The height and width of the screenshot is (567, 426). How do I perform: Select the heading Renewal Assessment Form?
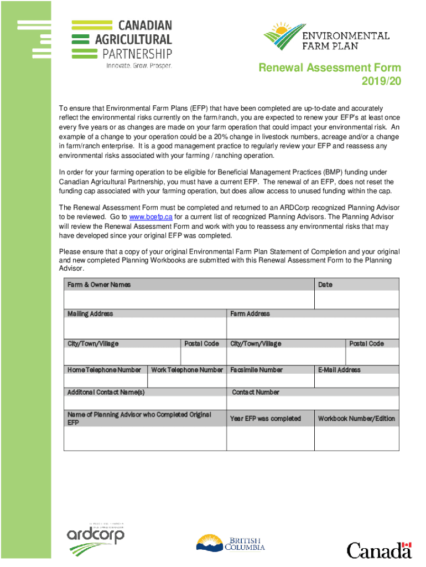coord(330,68)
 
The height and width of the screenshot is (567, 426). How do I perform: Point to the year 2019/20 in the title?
coord(382,81)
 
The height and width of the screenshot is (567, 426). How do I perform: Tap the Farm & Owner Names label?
coord(99,285)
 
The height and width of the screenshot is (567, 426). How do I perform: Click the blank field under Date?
coord(356,300)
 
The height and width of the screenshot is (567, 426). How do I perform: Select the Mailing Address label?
coord(90,314)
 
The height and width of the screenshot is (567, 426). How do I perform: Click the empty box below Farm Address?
coord(313,328)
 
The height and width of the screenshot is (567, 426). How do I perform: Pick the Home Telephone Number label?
coord(104,370)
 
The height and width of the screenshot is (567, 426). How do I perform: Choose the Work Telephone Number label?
coord(187,370)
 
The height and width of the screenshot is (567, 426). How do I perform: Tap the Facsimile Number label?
coord(256,370)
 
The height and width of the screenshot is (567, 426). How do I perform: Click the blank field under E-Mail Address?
coord(356,381)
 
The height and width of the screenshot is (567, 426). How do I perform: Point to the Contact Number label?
coord(256,392)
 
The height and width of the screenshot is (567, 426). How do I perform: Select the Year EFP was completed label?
coord(266,419)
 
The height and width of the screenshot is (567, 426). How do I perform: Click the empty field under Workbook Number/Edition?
coord(356,438)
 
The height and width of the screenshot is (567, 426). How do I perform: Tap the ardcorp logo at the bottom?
coord(95,538)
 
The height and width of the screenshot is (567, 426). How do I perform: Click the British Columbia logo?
coord(231,543)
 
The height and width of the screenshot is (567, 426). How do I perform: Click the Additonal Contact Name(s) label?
coord(106,392)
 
